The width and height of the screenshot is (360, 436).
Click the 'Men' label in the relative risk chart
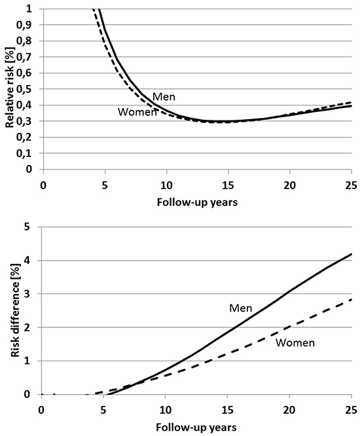pos(164,97)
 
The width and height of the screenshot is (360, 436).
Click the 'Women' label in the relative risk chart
pos(137,112)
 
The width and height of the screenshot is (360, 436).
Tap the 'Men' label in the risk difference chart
pos(241,308)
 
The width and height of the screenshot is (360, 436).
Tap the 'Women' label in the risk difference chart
pos(295,342)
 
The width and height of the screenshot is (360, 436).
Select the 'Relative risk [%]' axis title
pos(10,88)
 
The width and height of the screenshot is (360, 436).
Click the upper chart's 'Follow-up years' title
pos(197,202)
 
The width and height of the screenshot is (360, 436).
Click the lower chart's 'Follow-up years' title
pos(196,427)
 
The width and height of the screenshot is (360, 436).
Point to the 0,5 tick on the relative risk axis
pos(24,89)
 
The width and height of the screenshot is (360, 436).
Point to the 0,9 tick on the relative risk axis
pos(24,25)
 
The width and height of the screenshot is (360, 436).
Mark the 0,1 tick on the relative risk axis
pos(24,153)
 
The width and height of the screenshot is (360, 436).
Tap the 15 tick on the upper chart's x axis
pos(228,185)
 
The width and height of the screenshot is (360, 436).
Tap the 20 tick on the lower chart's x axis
pos(289,410)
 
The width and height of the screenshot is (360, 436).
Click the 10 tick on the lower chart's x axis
pos(166,410)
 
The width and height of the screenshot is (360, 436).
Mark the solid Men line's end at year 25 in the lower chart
pos(351,253)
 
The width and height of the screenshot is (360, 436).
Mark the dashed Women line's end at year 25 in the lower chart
pos(351,299)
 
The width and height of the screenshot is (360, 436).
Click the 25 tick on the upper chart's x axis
pos(351,185)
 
